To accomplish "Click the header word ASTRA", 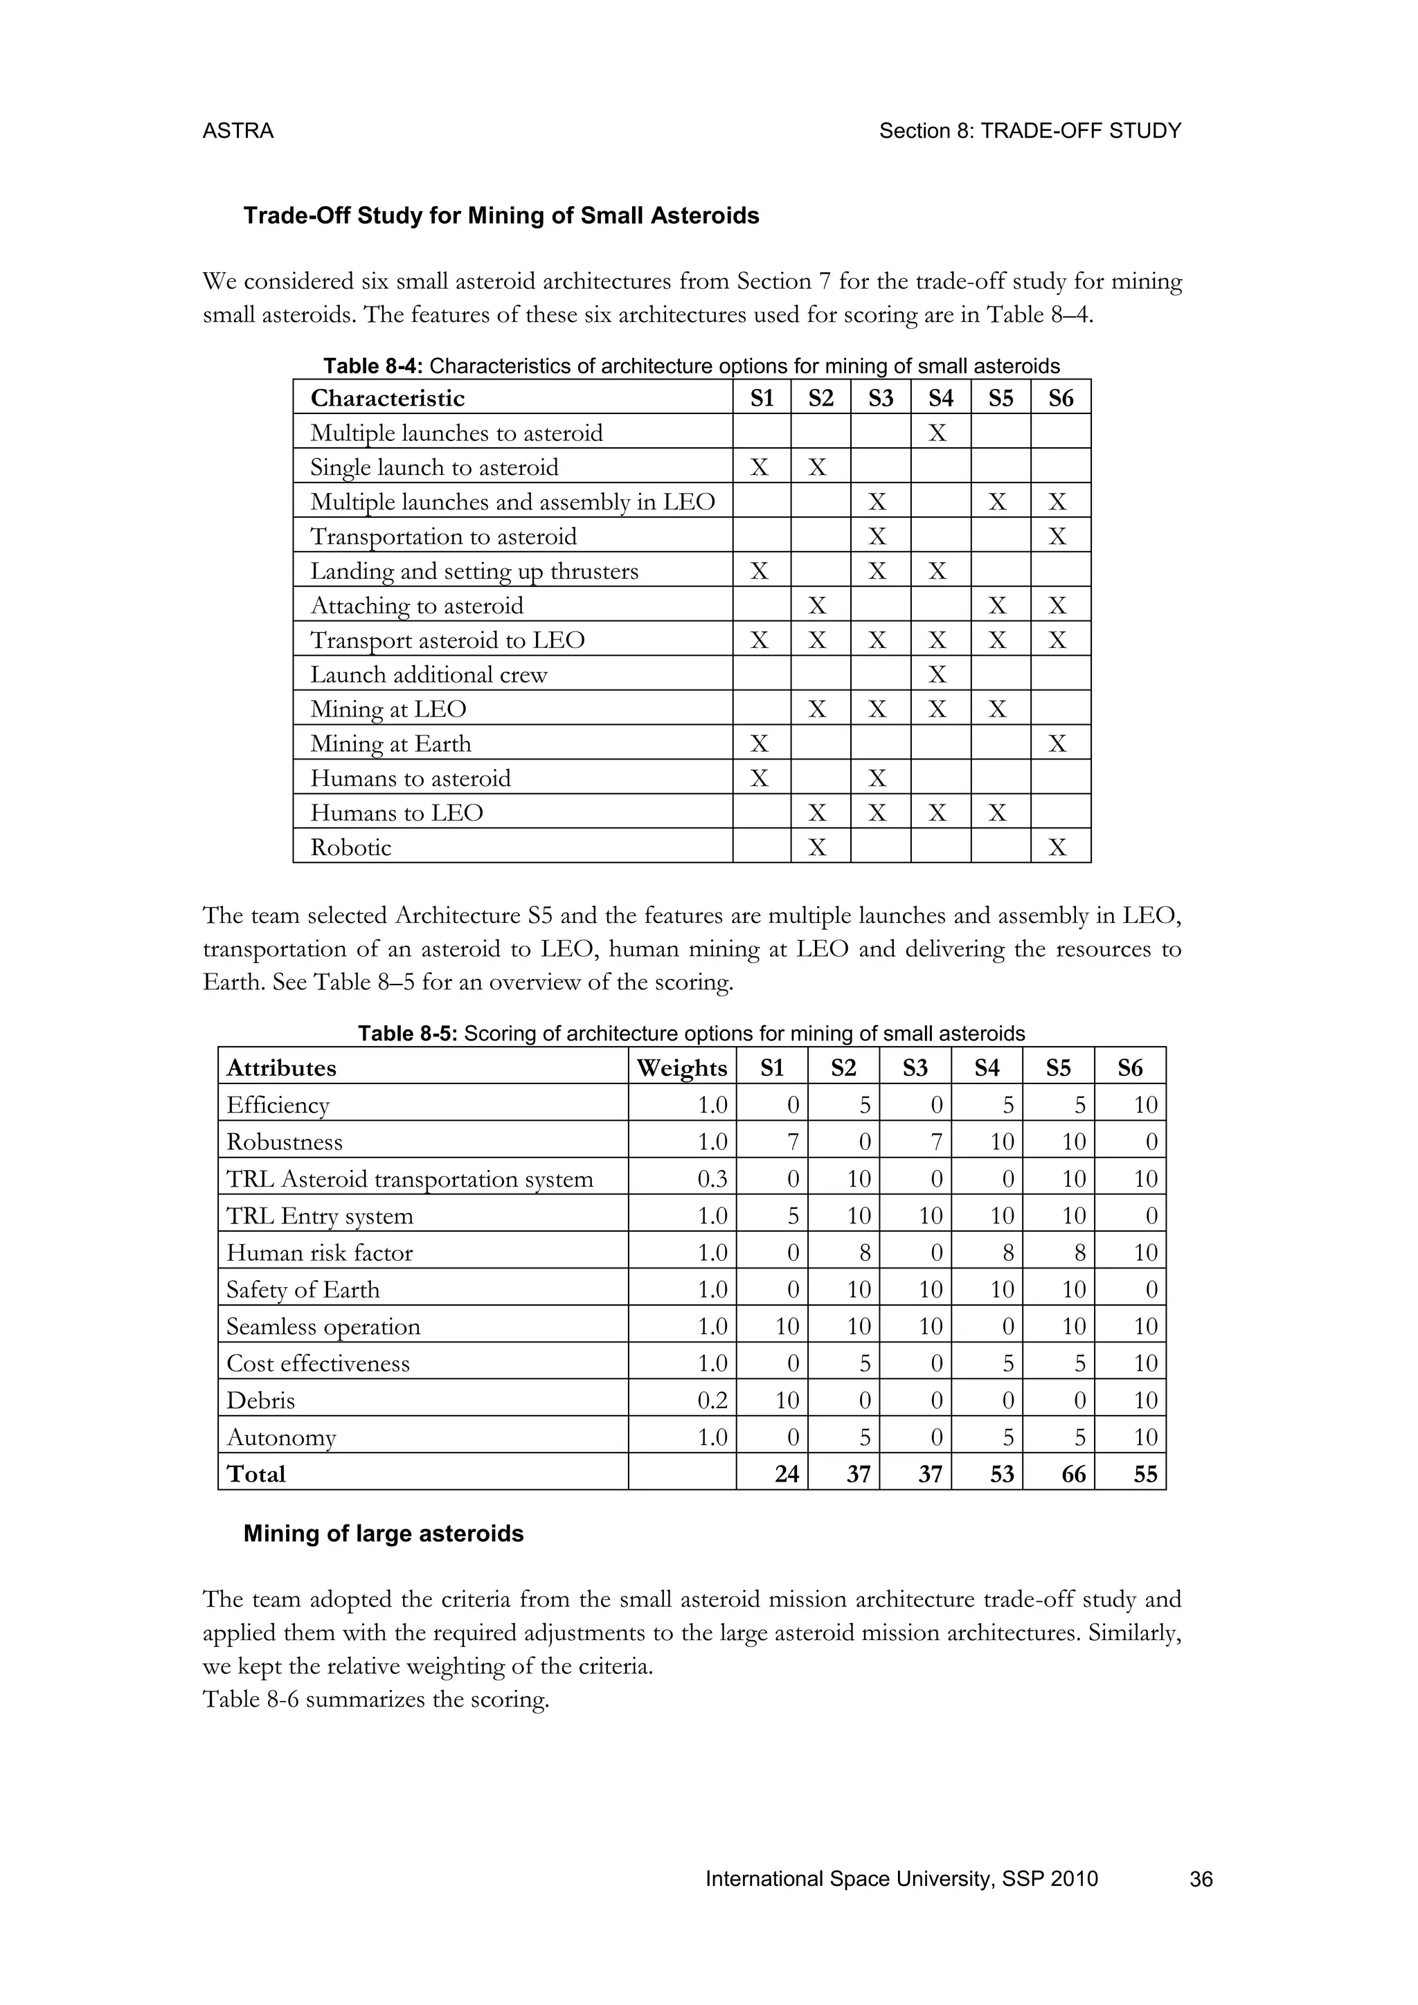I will (x=237, y=131).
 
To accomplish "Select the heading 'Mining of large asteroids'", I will (x=384, y=1534).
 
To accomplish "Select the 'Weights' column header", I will (x=681, y=1068).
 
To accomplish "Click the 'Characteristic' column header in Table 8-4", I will (x=388, y=398).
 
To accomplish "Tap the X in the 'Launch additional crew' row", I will (x=937, y=675).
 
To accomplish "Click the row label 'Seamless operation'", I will (x=323, y=1327).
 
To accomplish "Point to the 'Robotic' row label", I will (x=351, y=847).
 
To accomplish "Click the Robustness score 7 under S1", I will (x=792, y=1142).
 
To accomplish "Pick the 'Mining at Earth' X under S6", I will (x=1057, y=744).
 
